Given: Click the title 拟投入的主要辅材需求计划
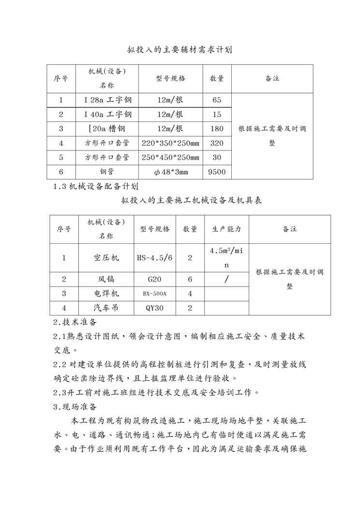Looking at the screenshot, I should coord(180,49).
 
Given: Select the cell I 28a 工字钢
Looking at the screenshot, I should coord(107,100).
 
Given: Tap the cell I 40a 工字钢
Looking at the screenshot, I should coord(107,115).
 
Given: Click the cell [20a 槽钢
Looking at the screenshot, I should coord(107,129).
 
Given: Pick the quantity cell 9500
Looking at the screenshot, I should coord(217,172).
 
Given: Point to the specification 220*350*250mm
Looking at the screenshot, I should coord(170,143).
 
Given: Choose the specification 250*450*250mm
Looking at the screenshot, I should coord(170,157).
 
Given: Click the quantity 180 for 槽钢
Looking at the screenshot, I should coord(217,129).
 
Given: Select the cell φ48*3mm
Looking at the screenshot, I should coord(170,172).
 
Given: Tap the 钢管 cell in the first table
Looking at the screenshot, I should coord(107,172).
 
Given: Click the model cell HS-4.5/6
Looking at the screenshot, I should coord(155,258).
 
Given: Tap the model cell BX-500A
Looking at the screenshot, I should coord(155,294).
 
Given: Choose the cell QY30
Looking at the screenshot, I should coord(155,308).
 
